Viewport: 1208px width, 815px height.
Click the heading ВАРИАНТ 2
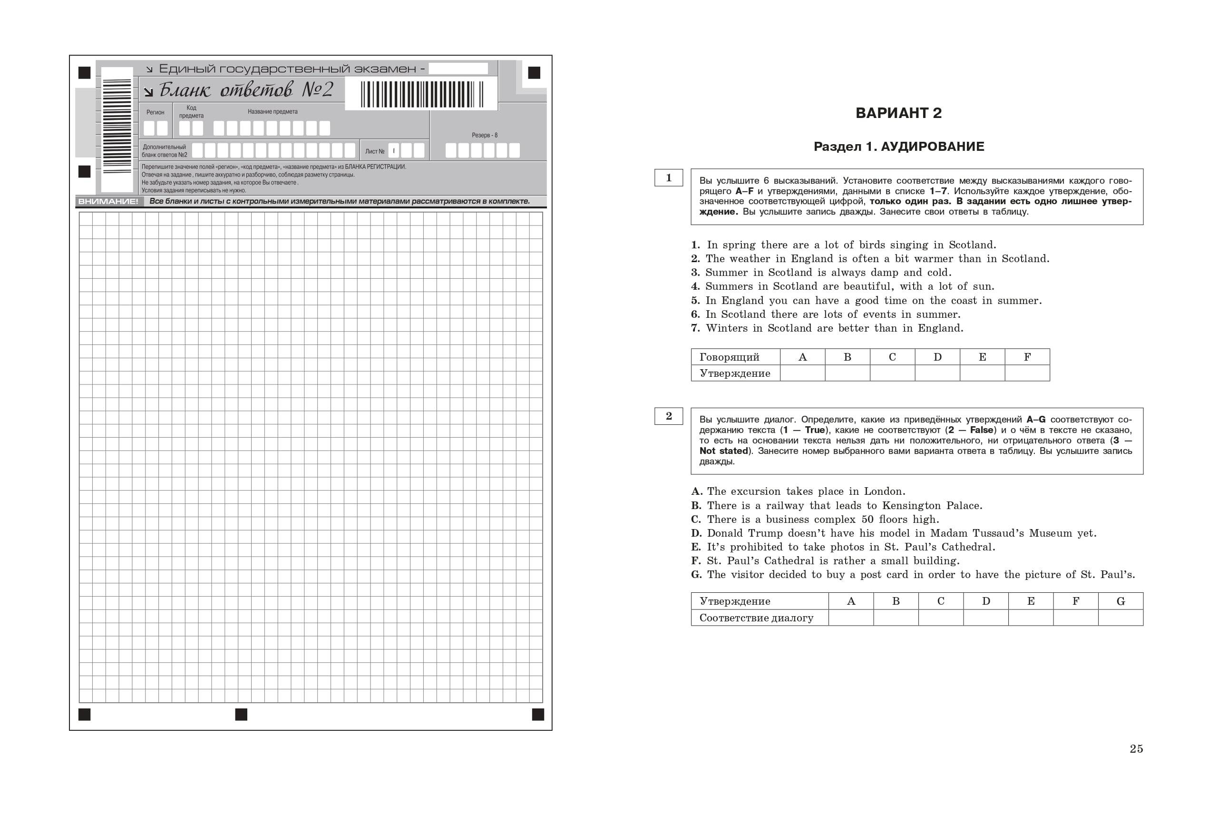pos(898,113)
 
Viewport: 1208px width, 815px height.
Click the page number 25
pos(1136,748)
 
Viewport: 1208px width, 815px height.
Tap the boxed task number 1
pos(668,178)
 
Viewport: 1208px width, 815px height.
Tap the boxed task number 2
pos(668,416)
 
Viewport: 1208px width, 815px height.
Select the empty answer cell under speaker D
pos(937,373)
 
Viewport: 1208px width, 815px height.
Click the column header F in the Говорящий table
pos(1027,357)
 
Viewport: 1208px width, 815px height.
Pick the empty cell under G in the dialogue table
pos(1120,618)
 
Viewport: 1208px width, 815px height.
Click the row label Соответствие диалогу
pos(756,618)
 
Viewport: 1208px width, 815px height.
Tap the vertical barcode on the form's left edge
pos(117,126)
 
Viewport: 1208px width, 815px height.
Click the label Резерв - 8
pos(484,135)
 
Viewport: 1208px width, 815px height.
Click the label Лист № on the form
pos(375,151)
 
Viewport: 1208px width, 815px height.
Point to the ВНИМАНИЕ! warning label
pos(107,201)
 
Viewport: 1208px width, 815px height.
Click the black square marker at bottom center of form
pos(241,714)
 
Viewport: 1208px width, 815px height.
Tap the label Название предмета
pos(272,112)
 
